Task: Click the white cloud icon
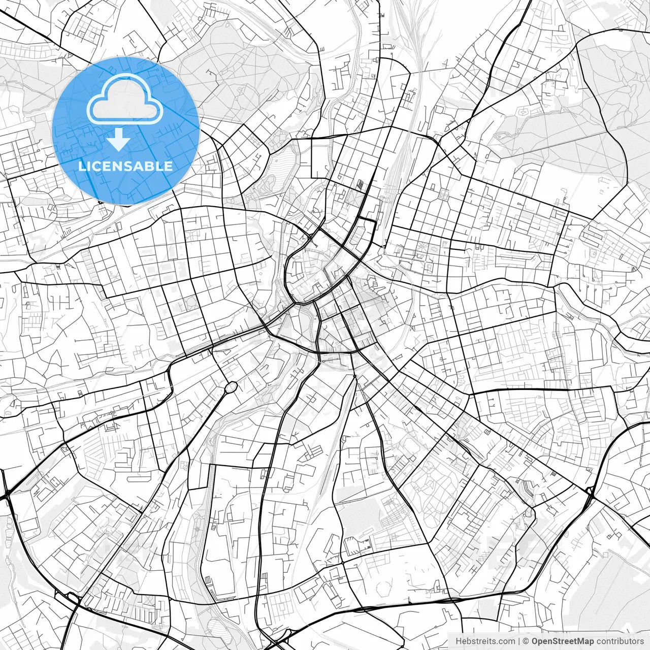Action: click(x=125, y=100)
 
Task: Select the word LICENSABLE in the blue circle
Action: click(x=125, y=166)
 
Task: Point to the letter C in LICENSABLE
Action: click(x=96, y=166)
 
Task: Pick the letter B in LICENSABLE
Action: click(x=153, y=166)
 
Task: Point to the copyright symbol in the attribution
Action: click(x=526, y=641)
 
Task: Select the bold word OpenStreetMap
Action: click(x=563, y=641)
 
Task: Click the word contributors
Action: click(x=620, y=641)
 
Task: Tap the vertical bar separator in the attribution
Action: click(x=519, y=641)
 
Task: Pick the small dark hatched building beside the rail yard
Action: click(x=360, y=185)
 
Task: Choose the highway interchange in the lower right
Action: click(x=590, y=492)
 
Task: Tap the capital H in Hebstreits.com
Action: click(x=459, y=641)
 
